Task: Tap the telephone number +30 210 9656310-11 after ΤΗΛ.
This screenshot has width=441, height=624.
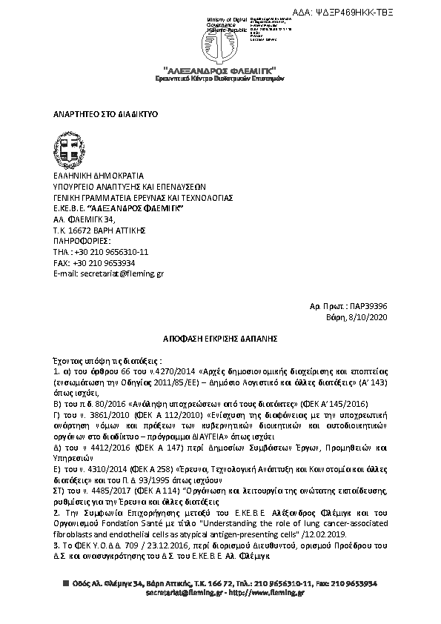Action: coord(112,252)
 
